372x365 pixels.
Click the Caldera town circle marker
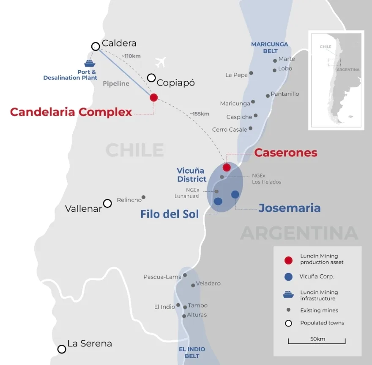[96, 46]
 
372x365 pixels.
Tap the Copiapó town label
[175, 83]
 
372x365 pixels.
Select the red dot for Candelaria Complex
[153, 97]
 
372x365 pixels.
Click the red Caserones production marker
[227, 167]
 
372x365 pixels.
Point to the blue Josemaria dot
[235, 194]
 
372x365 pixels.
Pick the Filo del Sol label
[169, 214]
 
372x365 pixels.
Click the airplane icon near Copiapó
[160, 62]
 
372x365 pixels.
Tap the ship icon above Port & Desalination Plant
[89, 64]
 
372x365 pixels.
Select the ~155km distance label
[199, 113]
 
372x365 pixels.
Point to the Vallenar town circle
[107, 203]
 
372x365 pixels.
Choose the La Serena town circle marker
[62, 349]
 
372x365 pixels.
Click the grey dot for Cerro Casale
[251, 128]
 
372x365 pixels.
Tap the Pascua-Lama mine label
[162, 277]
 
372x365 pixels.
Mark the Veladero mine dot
[193, 285]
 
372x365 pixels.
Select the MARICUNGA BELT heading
[270, 47]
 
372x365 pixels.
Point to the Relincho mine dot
[143, 197]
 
